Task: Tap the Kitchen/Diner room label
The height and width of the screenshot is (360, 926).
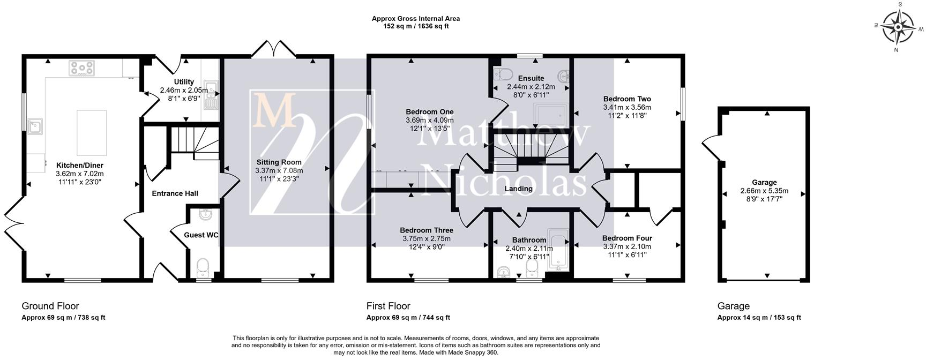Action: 79,166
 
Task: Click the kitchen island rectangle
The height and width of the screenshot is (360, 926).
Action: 92,132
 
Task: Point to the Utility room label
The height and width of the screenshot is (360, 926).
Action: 184,82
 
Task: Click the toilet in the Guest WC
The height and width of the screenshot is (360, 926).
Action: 203,266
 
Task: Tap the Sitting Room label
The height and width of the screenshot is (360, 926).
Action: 279,162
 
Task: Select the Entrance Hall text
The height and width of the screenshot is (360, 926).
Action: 175,193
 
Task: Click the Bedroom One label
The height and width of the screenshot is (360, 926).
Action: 430,112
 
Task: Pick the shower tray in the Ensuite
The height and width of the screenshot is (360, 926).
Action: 551,116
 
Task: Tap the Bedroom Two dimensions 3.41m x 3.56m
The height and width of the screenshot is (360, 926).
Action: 627,107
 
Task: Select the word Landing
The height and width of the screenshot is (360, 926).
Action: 519,189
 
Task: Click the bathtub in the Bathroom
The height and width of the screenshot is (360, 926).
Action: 559,251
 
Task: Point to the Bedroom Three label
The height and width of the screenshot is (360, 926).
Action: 427,231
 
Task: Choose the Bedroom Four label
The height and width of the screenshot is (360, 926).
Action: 627,238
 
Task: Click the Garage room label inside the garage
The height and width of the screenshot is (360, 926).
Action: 764,183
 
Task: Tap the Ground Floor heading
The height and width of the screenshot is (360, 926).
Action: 50,306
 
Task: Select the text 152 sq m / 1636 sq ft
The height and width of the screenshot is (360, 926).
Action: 416,26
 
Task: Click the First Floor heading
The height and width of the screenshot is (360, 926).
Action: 389,306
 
